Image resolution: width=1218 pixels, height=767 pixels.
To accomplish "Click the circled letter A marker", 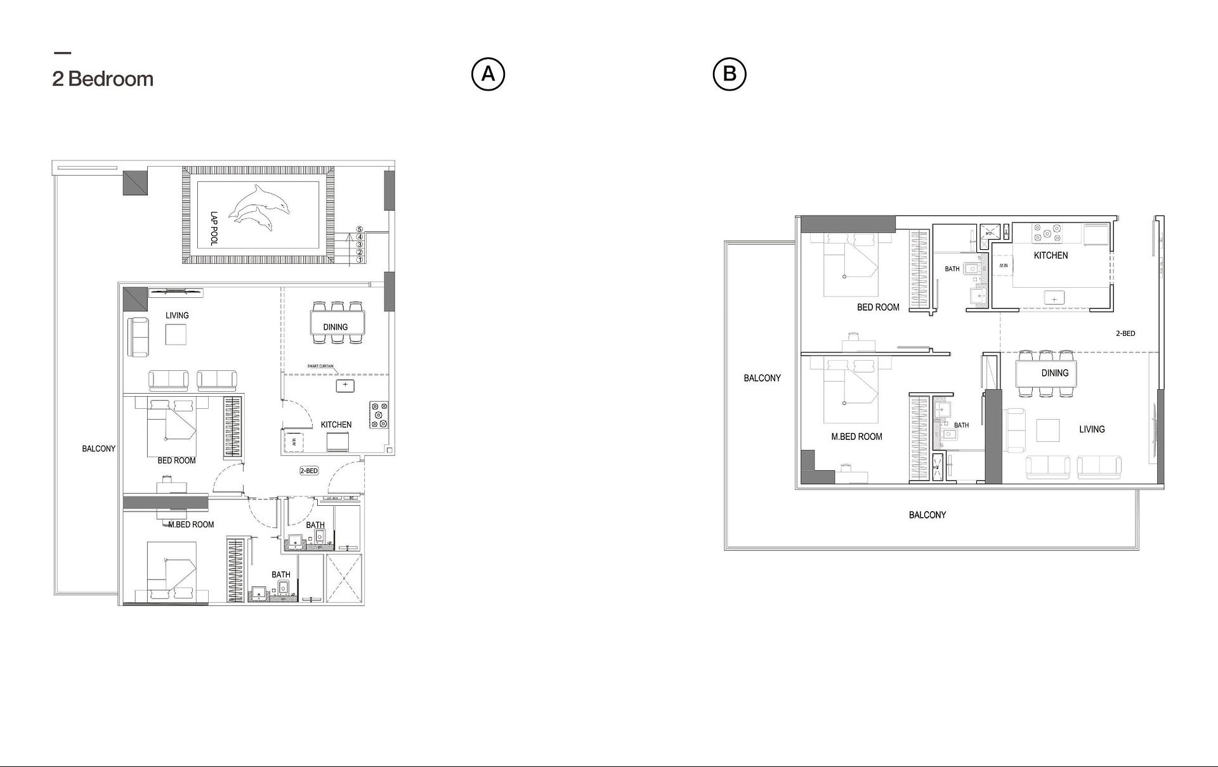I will coord(488,74).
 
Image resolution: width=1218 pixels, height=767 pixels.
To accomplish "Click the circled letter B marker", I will coord(730,74).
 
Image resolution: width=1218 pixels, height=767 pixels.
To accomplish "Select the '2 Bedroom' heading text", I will coord(103,79).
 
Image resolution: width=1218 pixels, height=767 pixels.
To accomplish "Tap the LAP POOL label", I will coord(214,228).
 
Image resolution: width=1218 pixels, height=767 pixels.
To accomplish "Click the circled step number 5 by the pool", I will coord(360,229).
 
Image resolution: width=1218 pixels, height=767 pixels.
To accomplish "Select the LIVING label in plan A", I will coord(177,315).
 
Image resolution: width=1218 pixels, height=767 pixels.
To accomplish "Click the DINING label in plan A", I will coord(336,327).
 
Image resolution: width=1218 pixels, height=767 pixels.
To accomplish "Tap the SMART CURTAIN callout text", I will coord(320,366).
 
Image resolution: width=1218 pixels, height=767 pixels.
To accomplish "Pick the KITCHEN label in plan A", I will coord(336,425).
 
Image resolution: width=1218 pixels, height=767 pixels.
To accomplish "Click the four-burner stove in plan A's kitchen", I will coord(379,415).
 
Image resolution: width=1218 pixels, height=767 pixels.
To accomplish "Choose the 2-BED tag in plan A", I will coord(309,471).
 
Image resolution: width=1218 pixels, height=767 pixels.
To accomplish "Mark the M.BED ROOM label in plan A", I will coord(191,524).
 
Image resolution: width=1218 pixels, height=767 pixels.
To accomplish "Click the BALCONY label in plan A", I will coord(99,448).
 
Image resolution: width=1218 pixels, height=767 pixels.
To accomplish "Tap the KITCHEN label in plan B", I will coord(1051,255).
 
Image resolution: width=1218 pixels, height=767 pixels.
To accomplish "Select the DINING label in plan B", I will coord(1055,373).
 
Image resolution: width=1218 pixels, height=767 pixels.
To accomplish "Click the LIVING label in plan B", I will coord(1092,429).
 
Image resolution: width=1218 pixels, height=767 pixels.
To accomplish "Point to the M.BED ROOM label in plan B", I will coord(856,437).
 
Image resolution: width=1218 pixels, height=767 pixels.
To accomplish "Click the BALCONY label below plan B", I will coord(927,515).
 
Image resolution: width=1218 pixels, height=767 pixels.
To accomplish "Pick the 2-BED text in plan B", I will coord(1125,333).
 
